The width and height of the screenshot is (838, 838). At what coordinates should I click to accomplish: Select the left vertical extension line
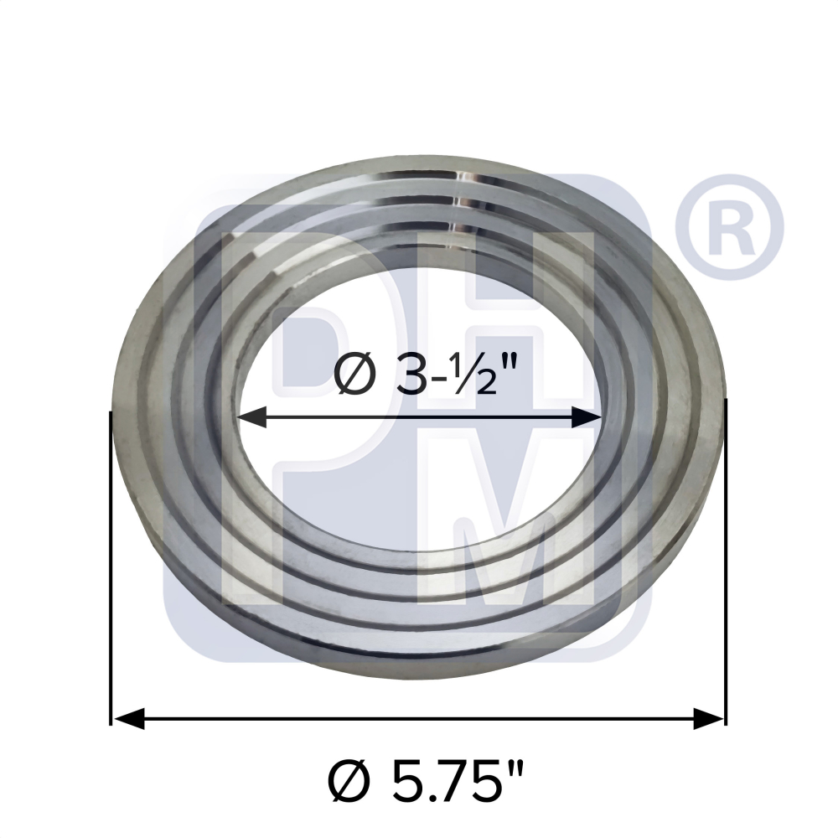(x=111, y=570)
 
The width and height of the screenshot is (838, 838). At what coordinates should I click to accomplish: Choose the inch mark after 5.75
(x=513, y=771)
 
